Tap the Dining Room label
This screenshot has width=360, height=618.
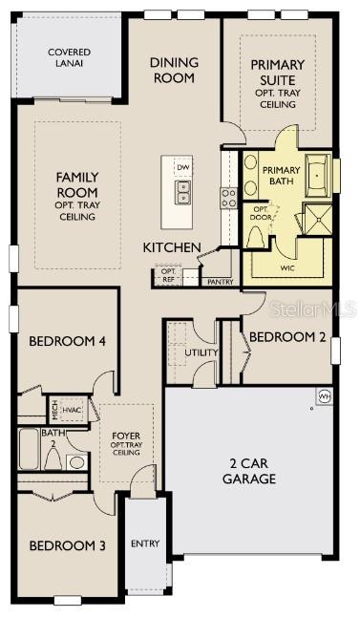coord(174,70)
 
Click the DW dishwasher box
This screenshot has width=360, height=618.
coord(183,167)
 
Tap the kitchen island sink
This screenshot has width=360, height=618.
coord(183,193)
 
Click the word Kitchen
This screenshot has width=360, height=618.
coord(172,248)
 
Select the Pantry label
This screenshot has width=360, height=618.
coord(221,282)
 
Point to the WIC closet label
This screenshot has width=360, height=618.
coord(286,269)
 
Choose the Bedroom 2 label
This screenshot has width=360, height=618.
coord(288,336)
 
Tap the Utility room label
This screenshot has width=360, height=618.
coord(201,352)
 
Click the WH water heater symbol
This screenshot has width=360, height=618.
coord(324,395)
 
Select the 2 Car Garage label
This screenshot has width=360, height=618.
coord(250,471)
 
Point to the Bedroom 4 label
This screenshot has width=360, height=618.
coord(67,341)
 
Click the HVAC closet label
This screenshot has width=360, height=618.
coord(73,410)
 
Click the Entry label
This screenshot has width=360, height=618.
coord(145,543)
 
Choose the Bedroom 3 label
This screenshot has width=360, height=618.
coord(67,546)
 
